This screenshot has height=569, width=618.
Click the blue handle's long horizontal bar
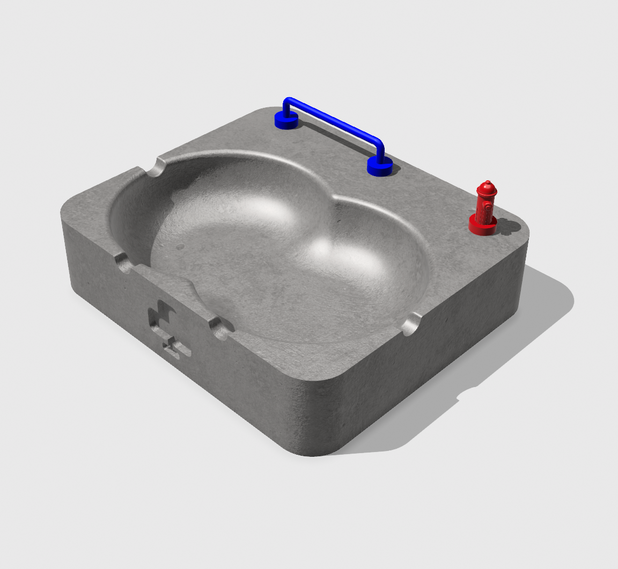335,121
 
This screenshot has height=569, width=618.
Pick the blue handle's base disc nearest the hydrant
380,167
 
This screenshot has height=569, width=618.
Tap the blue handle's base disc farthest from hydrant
286,121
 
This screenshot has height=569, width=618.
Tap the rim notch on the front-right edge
411,324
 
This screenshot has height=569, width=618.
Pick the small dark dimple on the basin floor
180,247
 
